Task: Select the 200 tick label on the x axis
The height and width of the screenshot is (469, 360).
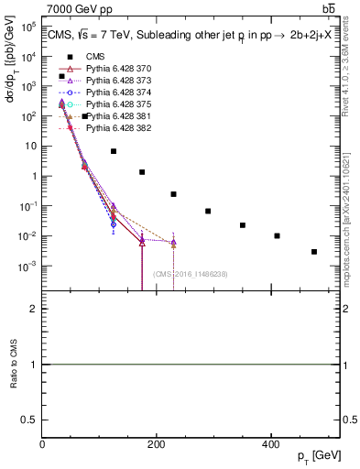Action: tap(157, 444)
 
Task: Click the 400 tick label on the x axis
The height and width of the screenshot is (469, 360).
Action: tap(270, 444)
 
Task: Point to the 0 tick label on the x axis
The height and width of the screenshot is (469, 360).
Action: tap(42, 444)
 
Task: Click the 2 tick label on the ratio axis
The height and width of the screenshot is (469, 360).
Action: tap(33, 310)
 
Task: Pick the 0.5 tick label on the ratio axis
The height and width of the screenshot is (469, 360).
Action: tap(29, 419)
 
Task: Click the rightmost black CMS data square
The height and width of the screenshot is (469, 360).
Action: tap(314, 252)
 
